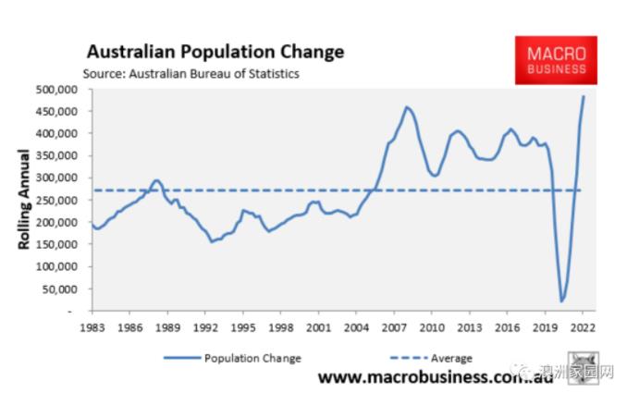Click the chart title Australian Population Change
(215, 51)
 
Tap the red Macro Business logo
(556, 61)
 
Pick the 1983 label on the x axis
(91, 327)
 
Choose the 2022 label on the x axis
(582, 327)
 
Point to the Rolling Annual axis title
(24, 201)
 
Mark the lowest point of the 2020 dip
(561, 301)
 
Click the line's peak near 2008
(407, 107)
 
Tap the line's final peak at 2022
(584, 96)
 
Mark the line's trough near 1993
(212, 241)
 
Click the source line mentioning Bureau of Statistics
(191, 73)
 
